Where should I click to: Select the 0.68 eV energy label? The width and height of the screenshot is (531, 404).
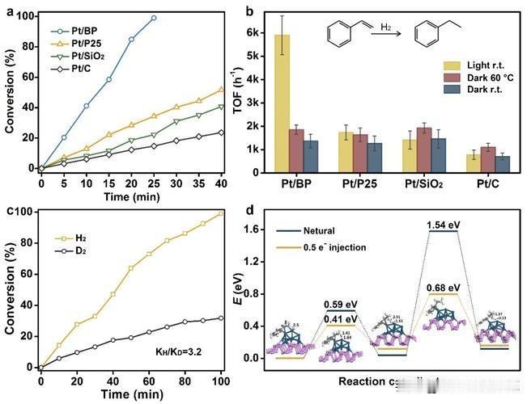[444, 287]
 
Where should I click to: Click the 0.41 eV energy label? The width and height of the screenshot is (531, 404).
[340, 319]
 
